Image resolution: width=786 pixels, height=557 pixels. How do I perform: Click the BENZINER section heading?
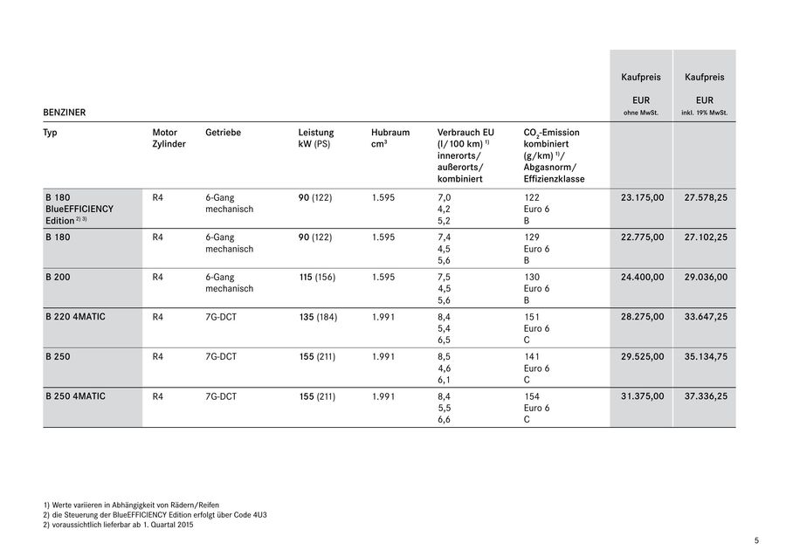click(x=64, y=113)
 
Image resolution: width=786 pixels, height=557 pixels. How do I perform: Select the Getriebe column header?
click(x=223, y=133)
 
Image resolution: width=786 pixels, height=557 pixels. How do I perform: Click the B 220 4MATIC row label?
click(x=75, y=317)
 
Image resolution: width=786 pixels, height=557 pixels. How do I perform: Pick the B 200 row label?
click(x=59, y=277)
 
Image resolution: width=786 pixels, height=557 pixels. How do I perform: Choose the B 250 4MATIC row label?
click(x=75, y=396)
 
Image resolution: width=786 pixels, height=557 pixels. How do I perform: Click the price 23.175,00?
click(x=642, y=198)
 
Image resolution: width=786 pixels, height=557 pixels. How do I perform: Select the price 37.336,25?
click(x=706, y=396)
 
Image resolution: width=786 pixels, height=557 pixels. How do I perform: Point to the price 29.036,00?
click(x=706, y=277)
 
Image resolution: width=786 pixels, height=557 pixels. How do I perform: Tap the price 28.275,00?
click(x=642, y=317)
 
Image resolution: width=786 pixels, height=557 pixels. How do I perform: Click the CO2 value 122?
click(x=532, y=198)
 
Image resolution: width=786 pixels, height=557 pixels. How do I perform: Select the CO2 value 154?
click(x=532, y=396)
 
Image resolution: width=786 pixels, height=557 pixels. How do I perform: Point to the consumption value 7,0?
click(x=444, y=198)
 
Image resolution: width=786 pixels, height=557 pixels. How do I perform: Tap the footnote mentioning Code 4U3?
click(x=155, y=515)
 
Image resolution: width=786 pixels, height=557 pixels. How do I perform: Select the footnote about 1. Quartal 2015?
click(x=117, y=525)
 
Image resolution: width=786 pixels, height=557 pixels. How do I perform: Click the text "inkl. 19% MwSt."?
click(x=705, y=113)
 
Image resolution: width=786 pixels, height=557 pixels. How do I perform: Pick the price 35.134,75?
click(x=706, y=356)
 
